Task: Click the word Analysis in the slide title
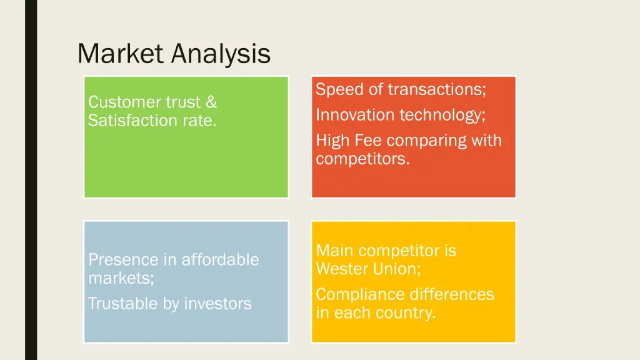221,55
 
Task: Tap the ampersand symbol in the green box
211,102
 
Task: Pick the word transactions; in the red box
437,89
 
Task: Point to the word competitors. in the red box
362,159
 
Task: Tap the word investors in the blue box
213,304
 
